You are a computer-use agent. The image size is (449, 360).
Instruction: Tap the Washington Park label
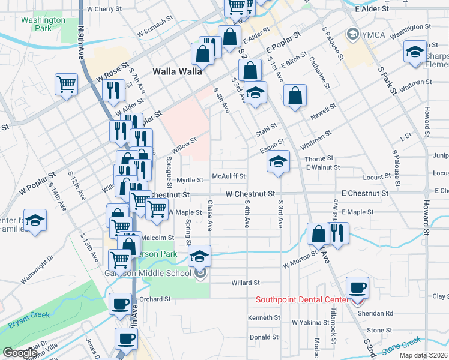[x=43, y=24]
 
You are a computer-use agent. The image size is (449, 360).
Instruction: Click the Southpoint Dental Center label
[x=302, y=299]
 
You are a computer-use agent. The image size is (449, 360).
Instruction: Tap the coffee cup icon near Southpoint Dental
[x=358, y=287]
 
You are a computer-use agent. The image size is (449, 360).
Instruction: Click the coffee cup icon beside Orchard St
[x=120, y=303]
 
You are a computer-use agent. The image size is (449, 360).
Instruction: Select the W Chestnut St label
[x=250, y=194]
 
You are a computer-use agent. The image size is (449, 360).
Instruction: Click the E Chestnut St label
[x=364, y=194]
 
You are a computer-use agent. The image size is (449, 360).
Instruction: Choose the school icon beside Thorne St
[x=277, y=161]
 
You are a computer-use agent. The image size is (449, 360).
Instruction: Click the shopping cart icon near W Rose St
[x=66, y=83]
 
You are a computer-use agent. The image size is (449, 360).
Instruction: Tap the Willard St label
[x=245, y=282]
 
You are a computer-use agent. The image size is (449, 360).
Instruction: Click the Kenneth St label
[x=264, y=317]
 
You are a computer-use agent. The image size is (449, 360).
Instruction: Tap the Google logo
[x=20, y=353]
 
